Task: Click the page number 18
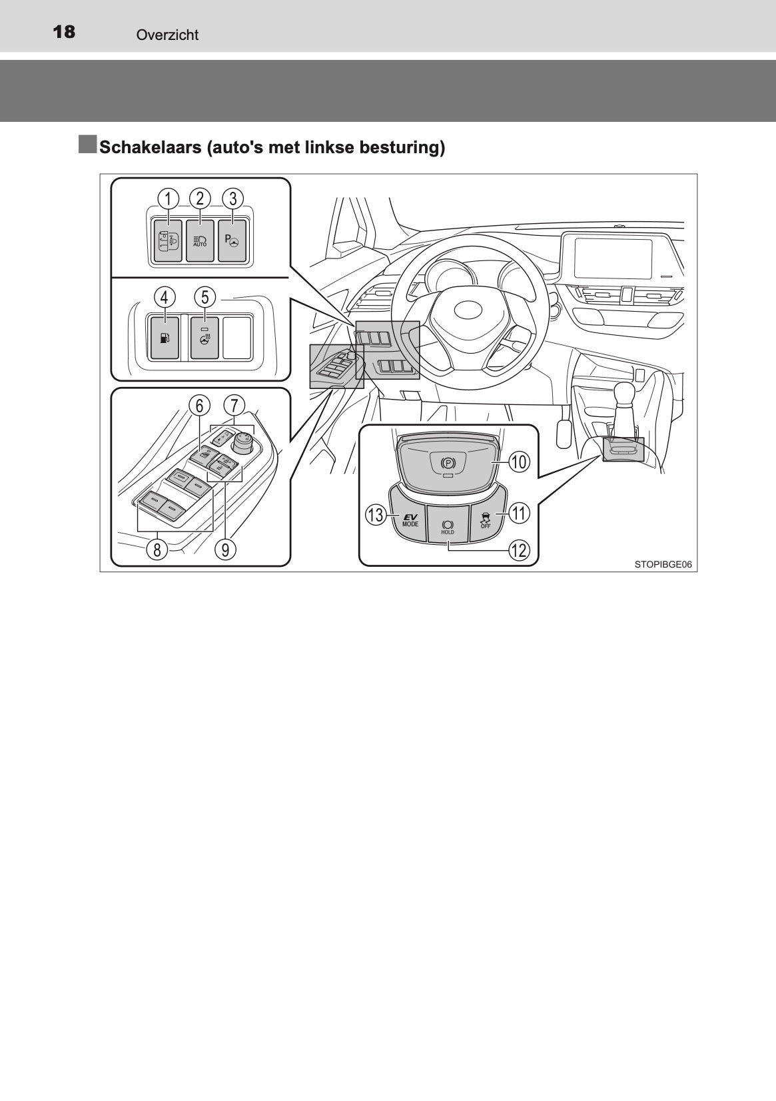coord(64,32)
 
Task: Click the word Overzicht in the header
coord(167,35)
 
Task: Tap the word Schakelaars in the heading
coord(150,147)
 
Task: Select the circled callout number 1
coord(169,198)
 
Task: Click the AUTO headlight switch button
coord(200,241)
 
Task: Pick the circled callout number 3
coord(232,198)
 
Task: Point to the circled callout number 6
coord(199,405)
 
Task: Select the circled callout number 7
coord(234,405)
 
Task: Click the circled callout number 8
coord(157,550)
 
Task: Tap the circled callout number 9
coord(226,550)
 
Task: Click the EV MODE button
coord(410,520)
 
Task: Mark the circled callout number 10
coord(519,462)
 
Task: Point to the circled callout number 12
coord(519,550)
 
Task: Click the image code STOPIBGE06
coord(663,564)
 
